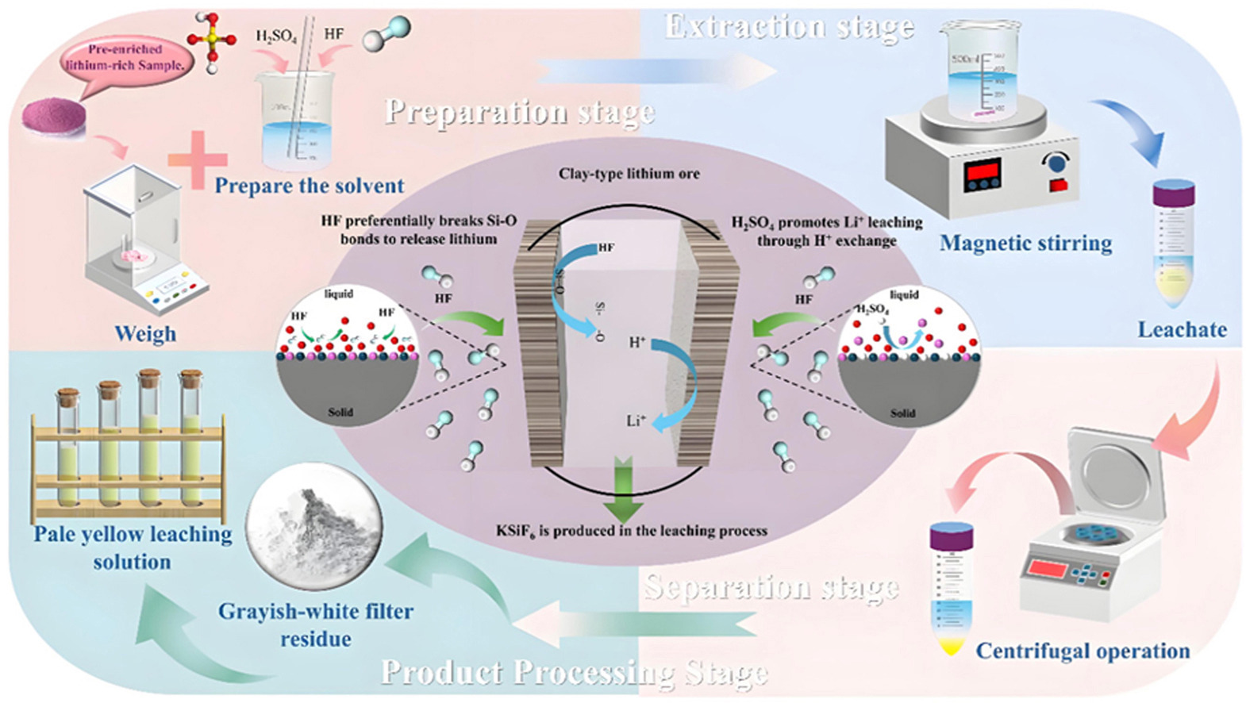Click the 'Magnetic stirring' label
click(1025, 243)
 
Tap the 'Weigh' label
click(145, 334)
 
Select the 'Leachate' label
click(1182, 329)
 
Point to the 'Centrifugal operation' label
click(1083, 651)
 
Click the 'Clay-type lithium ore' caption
click(629, 174)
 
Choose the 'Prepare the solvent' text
click(309, 186)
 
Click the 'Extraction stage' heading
click(789, 27)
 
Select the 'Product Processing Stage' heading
click(574, 672)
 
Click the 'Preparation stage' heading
click(520, 112)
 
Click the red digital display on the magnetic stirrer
click(982, 175)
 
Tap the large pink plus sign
click(198, 159)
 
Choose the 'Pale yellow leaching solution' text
click(133, 547)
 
